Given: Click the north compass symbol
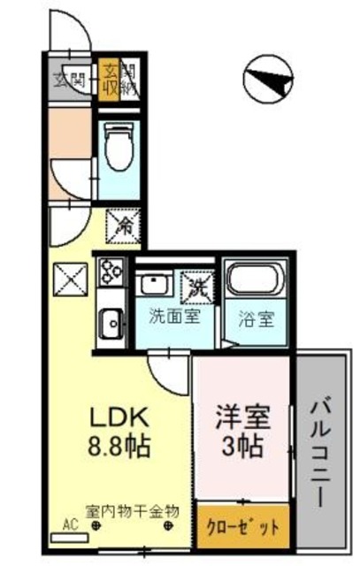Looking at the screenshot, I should (266, 80).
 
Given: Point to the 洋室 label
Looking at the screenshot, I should (241, 417).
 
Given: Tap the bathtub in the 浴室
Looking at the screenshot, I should (254, 283).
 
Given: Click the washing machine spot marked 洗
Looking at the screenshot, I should (195, 286).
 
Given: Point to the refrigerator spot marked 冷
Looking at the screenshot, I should (123, 225).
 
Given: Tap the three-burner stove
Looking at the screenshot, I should (111, 272).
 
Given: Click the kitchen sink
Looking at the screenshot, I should (111, 322).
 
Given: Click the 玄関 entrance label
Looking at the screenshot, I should (71, 78).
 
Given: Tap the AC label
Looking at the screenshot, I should (71, 524).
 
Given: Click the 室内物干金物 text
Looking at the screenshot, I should (134, 511).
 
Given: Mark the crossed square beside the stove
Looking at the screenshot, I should (71, 280).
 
